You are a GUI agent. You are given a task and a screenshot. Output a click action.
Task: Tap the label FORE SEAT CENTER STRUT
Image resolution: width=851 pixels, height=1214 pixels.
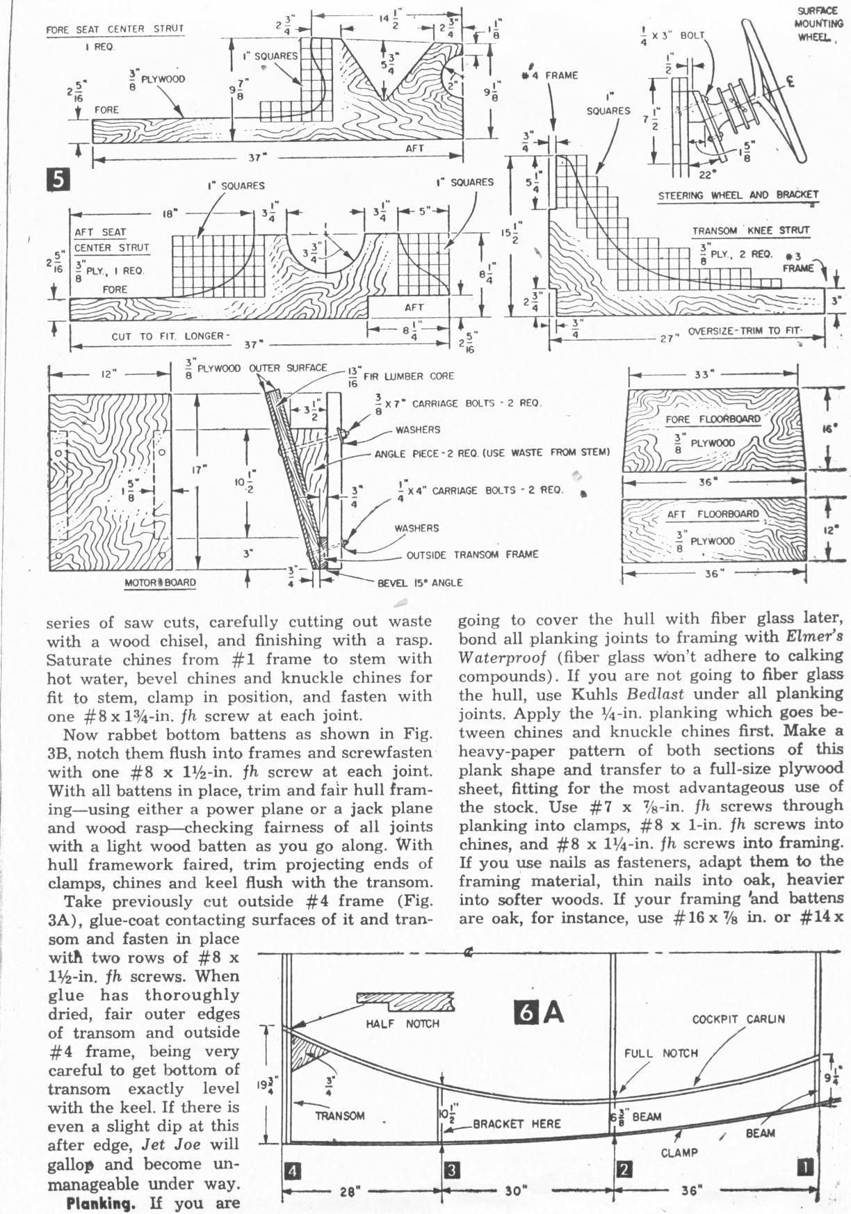[x=115, y=29]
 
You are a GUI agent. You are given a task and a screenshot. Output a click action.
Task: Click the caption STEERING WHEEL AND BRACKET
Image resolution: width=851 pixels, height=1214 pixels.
[x=738, y=195]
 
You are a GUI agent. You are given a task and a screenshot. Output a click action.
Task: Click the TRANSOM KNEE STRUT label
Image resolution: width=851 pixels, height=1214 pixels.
[x=750, y=230]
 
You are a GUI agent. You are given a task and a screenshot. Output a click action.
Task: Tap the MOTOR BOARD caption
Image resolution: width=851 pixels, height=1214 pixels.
[x=160, y=583]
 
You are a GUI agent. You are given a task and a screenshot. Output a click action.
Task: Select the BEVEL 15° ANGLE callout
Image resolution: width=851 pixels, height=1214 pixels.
[x=419, y=583]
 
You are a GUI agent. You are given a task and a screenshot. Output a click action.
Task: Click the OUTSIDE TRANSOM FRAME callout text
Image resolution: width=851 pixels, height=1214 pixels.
[x=472, y=554]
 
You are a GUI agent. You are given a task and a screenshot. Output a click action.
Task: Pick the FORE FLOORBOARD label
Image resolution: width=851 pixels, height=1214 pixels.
[x=713, y=419]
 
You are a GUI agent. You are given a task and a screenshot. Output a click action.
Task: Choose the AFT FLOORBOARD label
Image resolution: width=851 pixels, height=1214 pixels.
[x=713, y=514]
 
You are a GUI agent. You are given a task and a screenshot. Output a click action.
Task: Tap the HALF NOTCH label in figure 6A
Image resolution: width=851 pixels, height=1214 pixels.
[x=403, y=1023]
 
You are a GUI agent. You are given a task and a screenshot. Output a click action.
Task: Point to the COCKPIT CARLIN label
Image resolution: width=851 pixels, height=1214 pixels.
[x=738, y=1019]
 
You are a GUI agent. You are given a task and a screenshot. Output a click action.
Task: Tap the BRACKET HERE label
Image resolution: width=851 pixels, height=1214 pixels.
[x=517, y=1124]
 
